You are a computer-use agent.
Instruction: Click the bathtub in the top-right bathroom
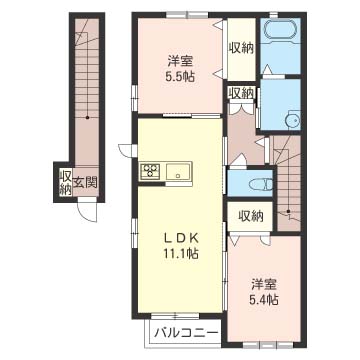[x=280, y=31]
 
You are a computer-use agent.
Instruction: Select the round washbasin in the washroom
[x=294, y=119]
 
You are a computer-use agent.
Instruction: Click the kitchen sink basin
[x=179, y=172]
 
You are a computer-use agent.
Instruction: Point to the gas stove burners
[x=151, y=171]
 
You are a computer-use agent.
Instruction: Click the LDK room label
[x=181, y=238]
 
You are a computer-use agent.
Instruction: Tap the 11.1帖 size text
[x=181, y=254]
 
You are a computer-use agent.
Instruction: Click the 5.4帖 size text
[x=264, y=301]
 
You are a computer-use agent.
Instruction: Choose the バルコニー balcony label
[x=187, y=333]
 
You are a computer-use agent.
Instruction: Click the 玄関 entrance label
[x=85, y=183]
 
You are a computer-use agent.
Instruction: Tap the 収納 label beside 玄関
[x=65, y=183]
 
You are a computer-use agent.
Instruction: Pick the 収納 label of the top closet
[x=241, y=49]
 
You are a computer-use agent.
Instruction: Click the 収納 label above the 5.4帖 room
[x=251, y=216]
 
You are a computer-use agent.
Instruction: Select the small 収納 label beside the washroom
[x=241, y=93]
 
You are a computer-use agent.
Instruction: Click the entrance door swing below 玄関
[x=87, y=209]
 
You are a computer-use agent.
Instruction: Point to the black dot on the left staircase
[x=87, y=117]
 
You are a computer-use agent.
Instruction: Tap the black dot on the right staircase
[x=288, y=211]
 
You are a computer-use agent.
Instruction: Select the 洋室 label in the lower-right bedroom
[x=264, y=285]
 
